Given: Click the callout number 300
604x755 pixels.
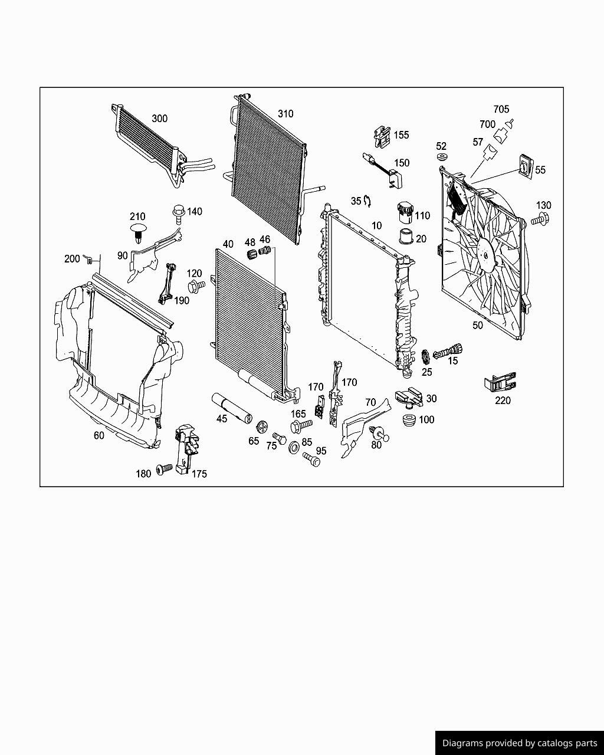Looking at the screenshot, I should pyautogui.click(x=159, y=119).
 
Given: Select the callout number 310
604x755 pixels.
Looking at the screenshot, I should pyautogui.click(x=285, y=114).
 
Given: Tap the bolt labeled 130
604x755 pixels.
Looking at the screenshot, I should pyautogui.click(x=539, y=220).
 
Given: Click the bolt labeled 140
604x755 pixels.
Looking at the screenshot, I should pyautogui.click(x=178, y=211).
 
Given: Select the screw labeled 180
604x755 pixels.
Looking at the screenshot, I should pyautogui.click(x=163, y=470).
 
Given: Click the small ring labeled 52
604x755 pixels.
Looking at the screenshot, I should pyautogui.click(x=442, y=157).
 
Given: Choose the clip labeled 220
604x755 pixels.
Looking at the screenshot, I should pyautogui.click(x=500, y=383).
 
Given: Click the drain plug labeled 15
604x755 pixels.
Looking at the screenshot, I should pyautogui.click(x=448, y=351).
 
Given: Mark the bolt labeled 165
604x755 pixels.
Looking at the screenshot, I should pyautogui.click(x=300, y=426).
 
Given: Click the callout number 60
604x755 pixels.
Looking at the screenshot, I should pyautogui.click(x=99, y=436).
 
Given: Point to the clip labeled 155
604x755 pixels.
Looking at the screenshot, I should pyautogui.click(x=382, y=136).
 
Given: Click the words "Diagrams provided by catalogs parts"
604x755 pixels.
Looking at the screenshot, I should pyautogui.click(x=519, y=743).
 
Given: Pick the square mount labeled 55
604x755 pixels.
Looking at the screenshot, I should pyautogui.click(x=524, y=167).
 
